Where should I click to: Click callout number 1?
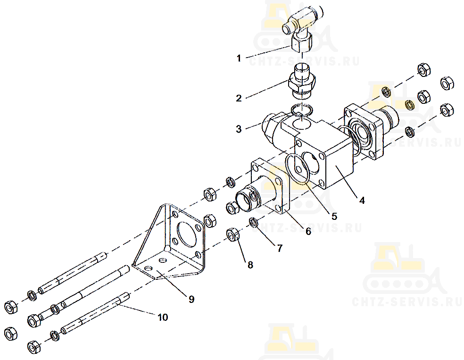coord(239,59)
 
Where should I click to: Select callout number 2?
coord(239,98)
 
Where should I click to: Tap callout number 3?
coord(239,129)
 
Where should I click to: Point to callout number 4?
coord(362,201)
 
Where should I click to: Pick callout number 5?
coord(334,217)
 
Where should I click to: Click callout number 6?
coord(308,231)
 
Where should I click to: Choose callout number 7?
coord(280,248)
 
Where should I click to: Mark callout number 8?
coord(250,265)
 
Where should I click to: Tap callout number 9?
coord(191,299)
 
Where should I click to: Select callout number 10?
coord(163,317)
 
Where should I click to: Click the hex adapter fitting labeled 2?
coord(301,82)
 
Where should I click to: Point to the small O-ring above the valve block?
coord(301,110)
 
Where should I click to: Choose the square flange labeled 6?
coord(269,186)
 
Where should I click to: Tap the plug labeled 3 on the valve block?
coord(270,126)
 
